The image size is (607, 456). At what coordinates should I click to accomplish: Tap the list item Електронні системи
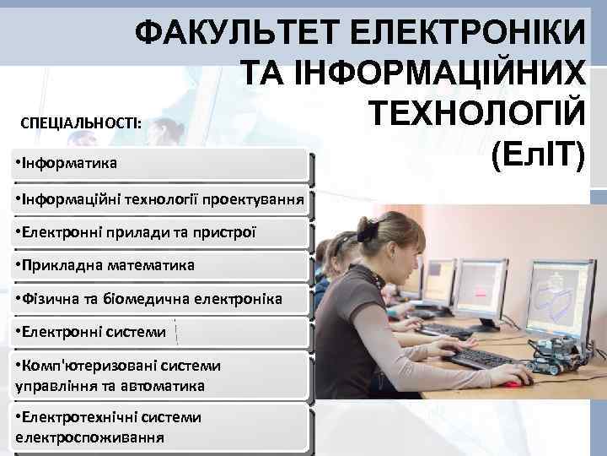coord(94,332)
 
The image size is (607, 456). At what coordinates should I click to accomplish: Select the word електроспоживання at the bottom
coord(89,437)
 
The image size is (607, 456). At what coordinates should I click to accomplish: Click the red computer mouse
coord(512,384)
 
